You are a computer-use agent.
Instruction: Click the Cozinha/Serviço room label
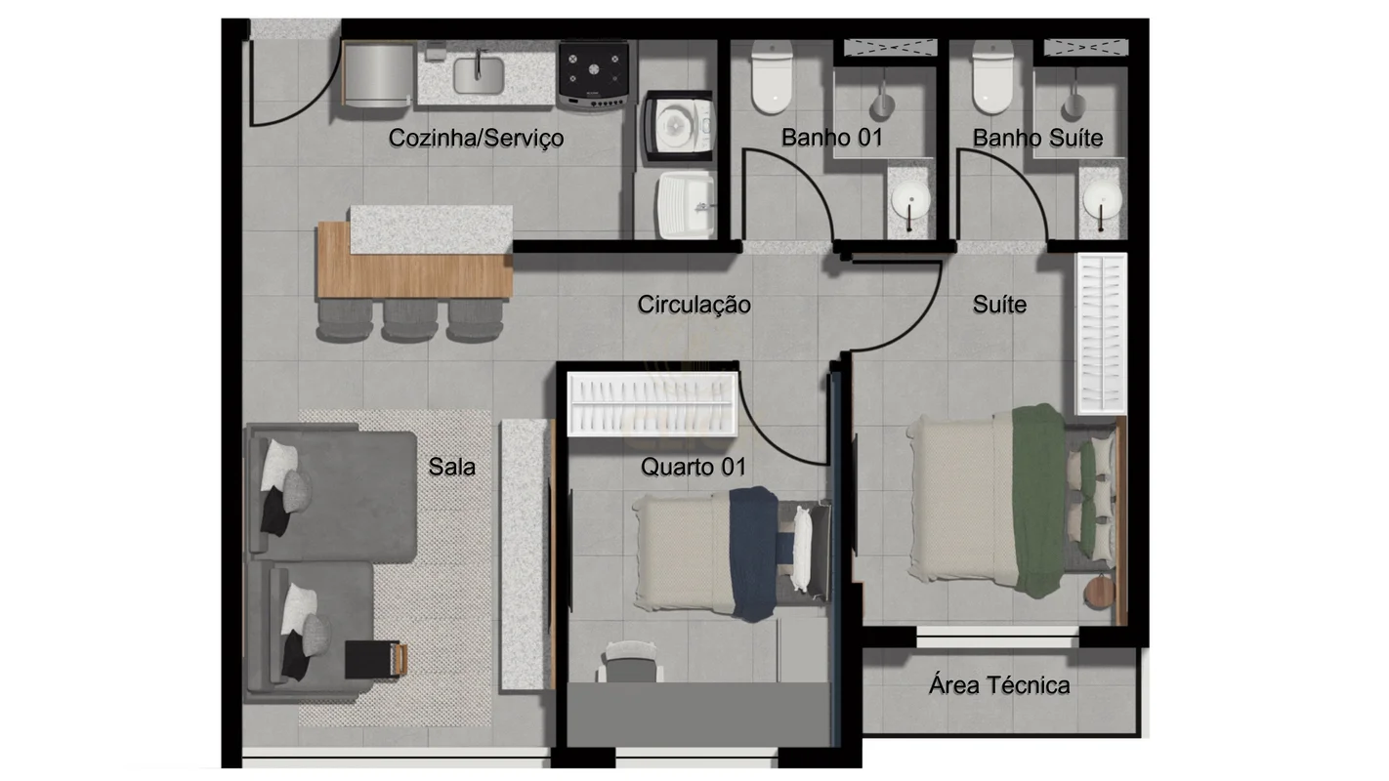tap(476, 139)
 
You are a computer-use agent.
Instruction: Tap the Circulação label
tap(694, 305)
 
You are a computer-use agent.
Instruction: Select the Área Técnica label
tap(999, 685)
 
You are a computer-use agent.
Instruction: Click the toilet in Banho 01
tap(772, 77)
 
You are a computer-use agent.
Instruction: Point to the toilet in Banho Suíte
tap(992, 77)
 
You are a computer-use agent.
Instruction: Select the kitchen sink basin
tap(478, 75)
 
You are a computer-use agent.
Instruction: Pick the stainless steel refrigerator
tap(378, 74)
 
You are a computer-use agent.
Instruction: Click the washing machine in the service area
tap(679, 127)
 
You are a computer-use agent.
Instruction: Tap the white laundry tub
tap(687, 205)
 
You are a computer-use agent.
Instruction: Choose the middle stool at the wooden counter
tap(410, 320)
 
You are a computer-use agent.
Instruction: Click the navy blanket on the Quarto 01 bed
tap(754, 554)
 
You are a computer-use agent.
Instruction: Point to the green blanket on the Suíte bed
tap(1039, 500)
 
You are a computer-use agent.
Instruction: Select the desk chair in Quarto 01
tap(630, 662)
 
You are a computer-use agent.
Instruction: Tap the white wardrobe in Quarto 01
tap(652, 403)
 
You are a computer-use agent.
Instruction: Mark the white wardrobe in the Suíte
tap(1101, 334)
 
